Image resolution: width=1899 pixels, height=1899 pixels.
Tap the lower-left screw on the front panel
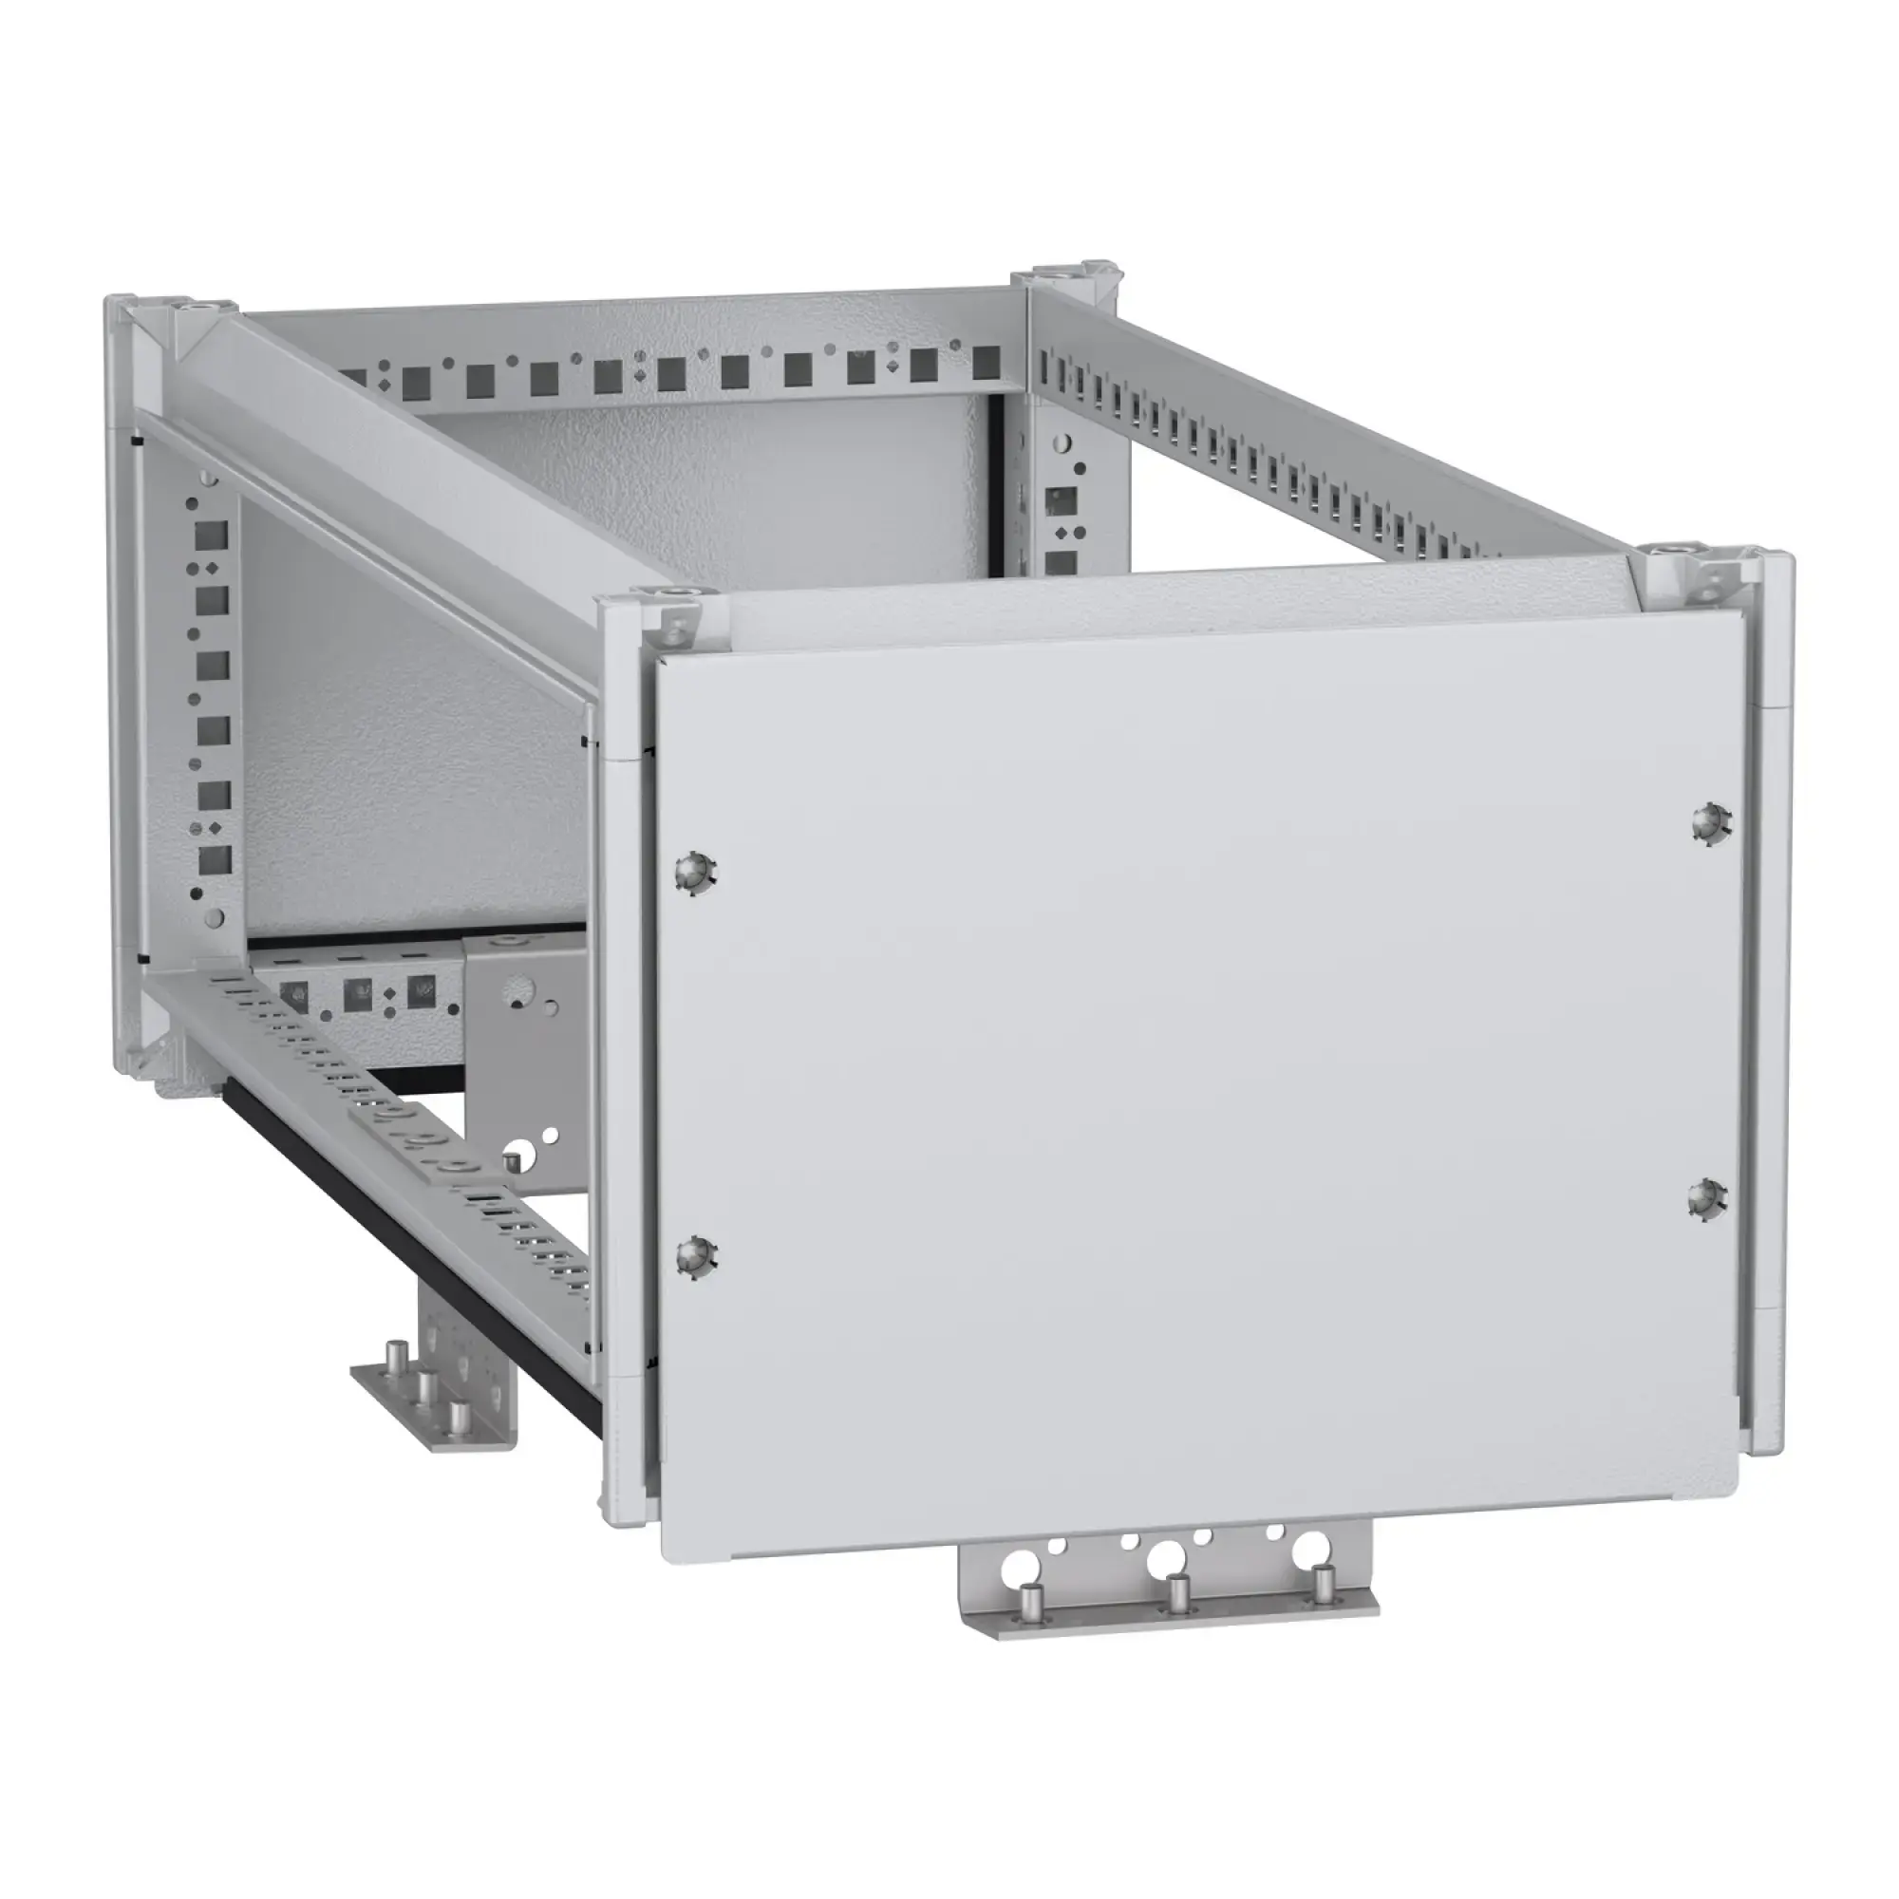pos(697,1255)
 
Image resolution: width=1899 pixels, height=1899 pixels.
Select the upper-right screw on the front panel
pos(1712,821)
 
